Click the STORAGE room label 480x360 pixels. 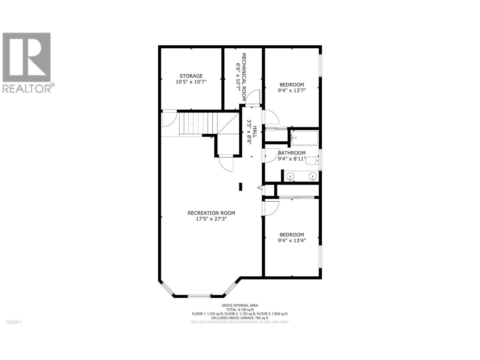click(x=191, y=76)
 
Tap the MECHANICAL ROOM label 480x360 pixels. click(x=244, y=77)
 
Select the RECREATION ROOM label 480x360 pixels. click(x=211, y=213)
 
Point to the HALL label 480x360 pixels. click(x=255, y=131)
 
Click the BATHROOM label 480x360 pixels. click(x=292, y=153)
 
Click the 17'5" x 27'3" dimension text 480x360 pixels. click(x=211, y=219)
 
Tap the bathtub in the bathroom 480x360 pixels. click(x=304, y=138)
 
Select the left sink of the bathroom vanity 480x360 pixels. click(x=290, y=176)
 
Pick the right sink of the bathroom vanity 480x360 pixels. click(x=313, y=176)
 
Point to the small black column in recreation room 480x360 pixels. click(x=241, y=187)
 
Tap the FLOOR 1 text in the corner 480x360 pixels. click(x=14, y=322)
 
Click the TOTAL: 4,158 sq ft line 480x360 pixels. click(x=240, y=310)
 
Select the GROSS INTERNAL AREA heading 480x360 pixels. click(x=240, y=305)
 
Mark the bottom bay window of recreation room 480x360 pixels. click(x=199, y=296)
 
